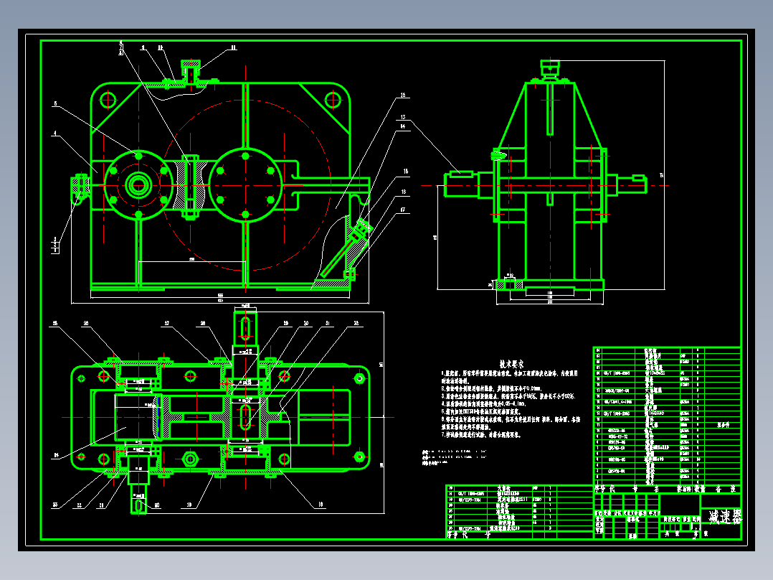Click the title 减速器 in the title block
724,516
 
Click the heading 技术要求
513,364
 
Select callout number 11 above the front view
233,48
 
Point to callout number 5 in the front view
54,103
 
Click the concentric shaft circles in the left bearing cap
137,186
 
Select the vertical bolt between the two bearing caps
190,185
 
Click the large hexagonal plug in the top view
190,459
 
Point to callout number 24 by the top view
57,454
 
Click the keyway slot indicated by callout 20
137,504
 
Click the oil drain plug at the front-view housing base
351,273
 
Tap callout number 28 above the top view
203,324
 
